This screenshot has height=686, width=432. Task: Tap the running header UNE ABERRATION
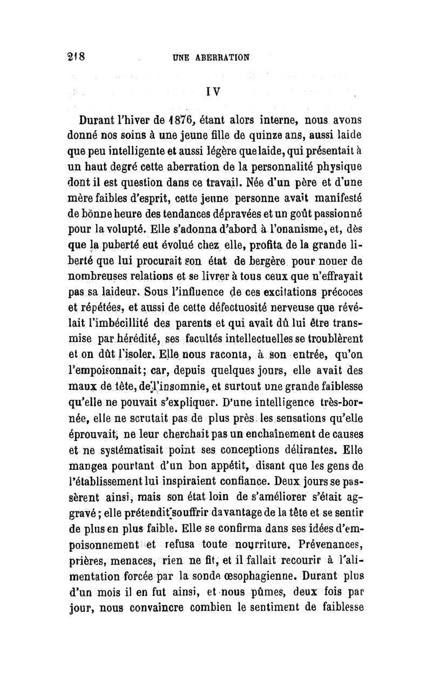point(213,57)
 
